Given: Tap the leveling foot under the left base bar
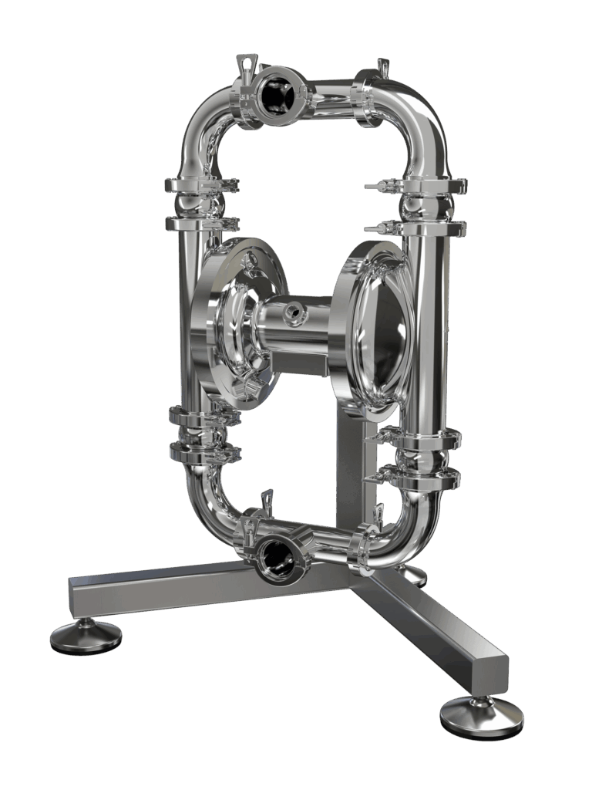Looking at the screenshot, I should pos(86,636).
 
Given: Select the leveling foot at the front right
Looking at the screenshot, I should pos(481,718).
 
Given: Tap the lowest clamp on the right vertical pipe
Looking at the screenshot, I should pos(420,474).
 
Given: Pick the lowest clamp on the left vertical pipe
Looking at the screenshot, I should pos(202,452).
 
